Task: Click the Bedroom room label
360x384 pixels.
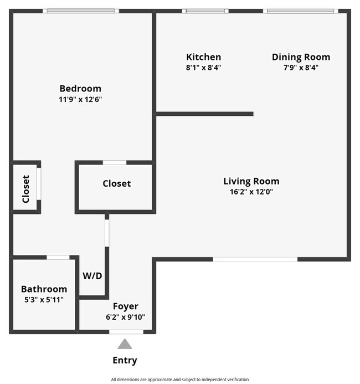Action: (x=80, y=89)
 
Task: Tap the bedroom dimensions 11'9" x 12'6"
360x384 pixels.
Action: (x=80, y=100)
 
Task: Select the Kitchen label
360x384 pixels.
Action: (x=204, y=57)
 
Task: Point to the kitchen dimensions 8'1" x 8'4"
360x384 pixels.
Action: (x=204, y=68)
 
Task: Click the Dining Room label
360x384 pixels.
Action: (x=301, y=57)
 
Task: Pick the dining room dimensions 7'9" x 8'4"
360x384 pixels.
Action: (x=301, y=68)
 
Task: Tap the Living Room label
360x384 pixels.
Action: (x=251, y=181)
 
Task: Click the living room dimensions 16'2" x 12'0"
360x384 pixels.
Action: (x=251, y=192)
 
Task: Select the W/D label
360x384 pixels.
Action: (x=92, y=276)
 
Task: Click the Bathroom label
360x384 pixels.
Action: (x=44, y=289)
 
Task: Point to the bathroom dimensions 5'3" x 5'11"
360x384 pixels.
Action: (x=44, y=300)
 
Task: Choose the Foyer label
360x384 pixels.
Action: (x=126, y=306)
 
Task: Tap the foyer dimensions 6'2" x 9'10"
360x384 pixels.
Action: (x=126, y=317)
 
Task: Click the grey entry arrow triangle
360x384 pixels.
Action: (x=125, y=345)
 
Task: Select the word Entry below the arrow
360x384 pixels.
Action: (x=125, y=360)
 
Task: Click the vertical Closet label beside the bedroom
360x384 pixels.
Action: (x=25, y=189)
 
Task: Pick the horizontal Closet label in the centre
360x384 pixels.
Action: (x=117, y=183)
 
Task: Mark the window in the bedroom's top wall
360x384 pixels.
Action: (x=81, y=11)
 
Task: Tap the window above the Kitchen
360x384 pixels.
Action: (x=205, y=11)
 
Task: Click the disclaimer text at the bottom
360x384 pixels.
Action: (x=180, y=380)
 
